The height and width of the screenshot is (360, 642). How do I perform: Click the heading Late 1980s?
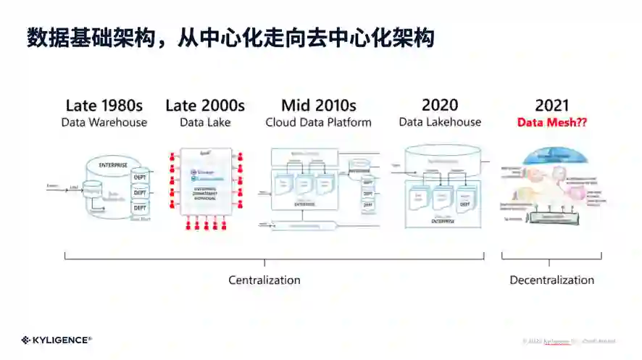click(x=104, y=106)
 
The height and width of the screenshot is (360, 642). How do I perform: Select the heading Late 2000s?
click(x=205, y=106)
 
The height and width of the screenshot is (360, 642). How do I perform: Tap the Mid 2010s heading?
click(x=319, y=106)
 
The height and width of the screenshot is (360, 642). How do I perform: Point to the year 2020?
click(x=440, y=105)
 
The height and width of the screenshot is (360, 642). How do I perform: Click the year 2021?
click(x=552, y=106)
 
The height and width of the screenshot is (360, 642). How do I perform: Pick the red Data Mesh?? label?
click(x=552, y=122)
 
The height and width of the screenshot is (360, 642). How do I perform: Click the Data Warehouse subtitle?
click(x=104, y=122)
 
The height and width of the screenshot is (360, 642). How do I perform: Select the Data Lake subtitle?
click(x=205, y=122)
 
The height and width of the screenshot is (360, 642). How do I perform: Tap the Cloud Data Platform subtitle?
click(x=319, y=122)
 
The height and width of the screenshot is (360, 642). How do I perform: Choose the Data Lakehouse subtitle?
click(x=440, y=122)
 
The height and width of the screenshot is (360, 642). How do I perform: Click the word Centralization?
click(x=264, y=280)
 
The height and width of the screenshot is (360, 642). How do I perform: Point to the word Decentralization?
click(x=551, y=280)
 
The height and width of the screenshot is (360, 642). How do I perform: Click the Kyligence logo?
click(x=57, y=339)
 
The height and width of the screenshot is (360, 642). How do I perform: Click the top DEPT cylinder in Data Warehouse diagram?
click(x=140, y=178)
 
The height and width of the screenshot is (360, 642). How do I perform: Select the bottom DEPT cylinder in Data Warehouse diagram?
click(x=140, y=207)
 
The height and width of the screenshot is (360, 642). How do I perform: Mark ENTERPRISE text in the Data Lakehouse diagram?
click(x=443, y=220)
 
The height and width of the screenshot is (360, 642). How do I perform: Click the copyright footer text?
click(x=568, y=340)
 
